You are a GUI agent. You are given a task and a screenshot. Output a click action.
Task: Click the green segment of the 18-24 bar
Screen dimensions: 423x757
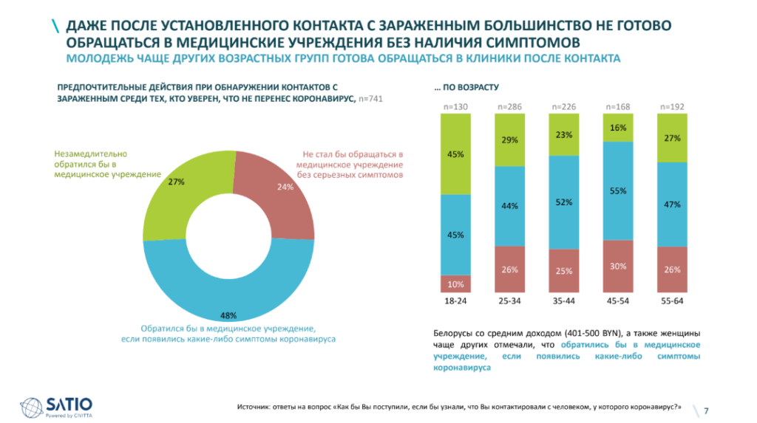pos(456,154)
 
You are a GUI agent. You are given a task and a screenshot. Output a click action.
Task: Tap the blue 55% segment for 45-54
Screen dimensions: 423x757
pos(619,190)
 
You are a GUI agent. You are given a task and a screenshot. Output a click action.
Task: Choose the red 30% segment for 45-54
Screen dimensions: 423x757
pos(619,266)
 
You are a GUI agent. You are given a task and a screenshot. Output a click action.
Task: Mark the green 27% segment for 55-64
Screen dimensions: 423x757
pos(673,138)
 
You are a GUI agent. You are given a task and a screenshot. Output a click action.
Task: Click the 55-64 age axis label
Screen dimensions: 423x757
pos(673,302)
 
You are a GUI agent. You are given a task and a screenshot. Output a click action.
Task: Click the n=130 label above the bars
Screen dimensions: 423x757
pos(456,107)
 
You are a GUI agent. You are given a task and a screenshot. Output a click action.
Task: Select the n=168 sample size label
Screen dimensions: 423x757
pos(619,107)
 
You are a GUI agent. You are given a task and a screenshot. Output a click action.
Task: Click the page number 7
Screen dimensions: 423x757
pos(706,410)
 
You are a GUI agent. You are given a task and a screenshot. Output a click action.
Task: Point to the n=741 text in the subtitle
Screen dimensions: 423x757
pos(371,98)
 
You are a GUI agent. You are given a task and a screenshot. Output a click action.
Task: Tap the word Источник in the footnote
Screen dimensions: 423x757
pos(254,407)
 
